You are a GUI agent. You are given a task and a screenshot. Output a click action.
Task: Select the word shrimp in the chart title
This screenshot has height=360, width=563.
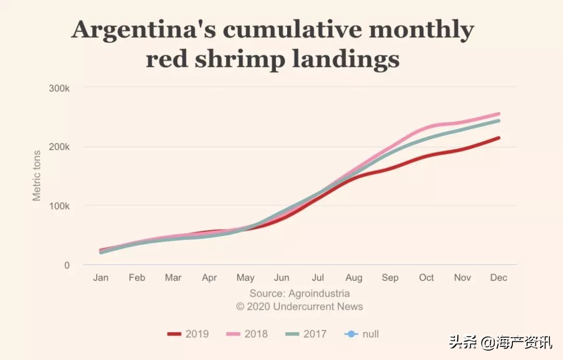[x=241, y=59]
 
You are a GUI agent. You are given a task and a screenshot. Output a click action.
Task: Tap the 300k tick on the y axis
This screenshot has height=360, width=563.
[x=59, y=88]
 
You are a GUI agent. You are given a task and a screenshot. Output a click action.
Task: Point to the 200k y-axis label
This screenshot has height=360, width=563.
[x=59, y=147]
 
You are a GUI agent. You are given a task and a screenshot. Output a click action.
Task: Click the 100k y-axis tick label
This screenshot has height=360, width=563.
[x=59, y=206]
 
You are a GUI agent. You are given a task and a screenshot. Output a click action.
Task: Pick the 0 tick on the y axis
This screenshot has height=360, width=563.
[x=67, y=265]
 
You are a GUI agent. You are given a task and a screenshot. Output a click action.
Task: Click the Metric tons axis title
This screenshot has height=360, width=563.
[x=36, y=176]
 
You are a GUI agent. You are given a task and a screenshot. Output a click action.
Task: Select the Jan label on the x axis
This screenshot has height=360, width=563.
[x=101, y=278]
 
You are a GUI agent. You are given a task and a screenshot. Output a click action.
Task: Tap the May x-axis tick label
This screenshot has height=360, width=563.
[x=246, y=278]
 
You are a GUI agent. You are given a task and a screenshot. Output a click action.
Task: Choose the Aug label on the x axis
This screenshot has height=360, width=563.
[x=354, y=278]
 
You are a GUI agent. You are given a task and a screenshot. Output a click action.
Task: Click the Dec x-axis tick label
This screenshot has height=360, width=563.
[x=499, y=278]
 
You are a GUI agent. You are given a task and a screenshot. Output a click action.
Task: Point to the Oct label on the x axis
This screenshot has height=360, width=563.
[x=426, y=278]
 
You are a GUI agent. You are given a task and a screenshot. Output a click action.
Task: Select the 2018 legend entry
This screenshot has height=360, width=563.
[x=248, y=334]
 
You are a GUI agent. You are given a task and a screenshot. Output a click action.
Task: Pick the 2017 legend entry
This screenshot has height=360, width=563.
[x=307, y=334]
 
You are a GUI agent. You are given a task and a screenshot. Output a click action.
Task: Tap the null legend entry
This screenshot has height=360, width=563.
[x=363, y=334]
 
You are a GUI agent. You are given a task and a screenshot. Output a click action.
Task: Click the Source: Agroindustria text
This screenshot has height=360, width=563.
[x=299, y=293]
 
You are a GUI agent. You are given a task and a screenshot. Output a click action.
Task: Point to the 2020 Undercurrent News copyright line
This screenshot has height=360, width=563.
[x=299, y=306]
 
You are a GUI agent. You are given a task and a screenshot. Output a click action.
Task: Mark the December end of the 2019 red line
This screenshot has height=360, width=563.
[x=499, y=138]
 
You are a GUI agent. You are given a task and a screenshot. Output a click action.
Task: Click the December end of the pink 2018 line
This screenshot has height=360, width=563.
[x=499, y=114]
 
